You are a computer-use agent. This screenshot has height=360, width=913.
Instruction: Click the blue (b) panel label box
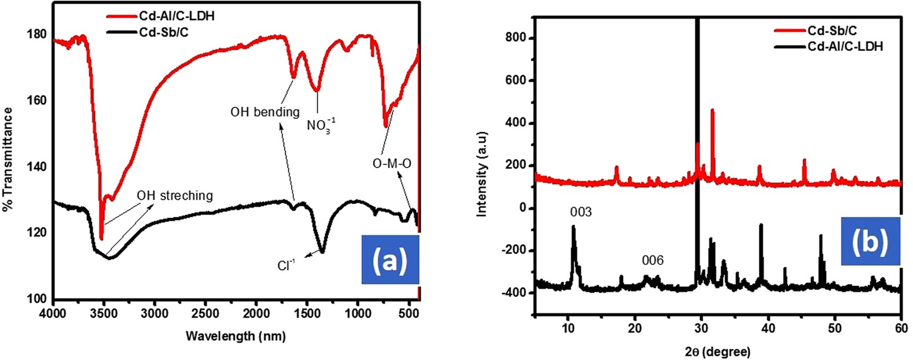(x=870, y=242)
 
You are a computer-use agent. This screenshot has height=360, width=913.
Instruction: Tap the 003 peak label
(x=580, y=212)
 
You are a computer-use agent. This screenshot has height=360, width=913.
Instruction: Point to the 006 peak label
(x=652, y=261)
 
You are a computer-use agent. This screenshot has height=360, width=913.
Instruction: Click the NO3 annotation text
(x=321, y=124)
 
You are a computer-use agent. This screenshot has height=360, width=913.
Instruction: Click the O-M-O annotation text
(x=392, y=164)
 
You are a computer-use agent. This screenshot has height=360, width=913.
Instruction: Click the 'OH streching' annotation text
(x=174, y=196)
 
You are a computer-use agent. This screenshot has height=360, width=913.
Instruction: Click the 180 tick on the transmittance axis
(x=38, y=34)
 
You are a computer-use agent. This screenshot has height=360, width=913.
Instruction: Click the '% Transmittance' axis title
(x=8, y=159)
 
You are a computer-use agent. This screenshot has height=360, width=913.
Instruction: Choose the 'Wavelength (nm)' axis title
(x=236, y=336)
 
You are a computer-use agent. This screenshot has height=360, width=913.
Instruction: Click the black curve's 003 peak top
(x=573, y=227)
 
